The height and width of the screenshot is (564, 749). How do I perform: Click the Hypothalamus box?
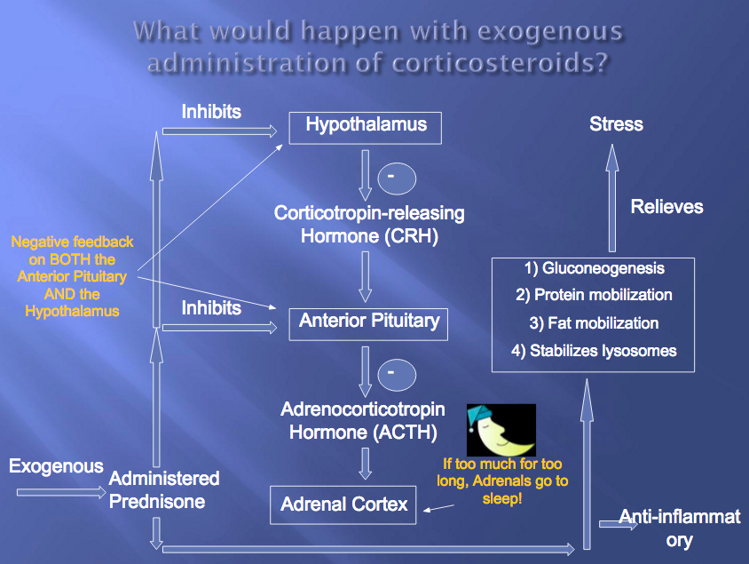366,125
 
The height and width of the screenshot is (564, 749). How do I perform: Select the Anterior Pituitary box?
368,322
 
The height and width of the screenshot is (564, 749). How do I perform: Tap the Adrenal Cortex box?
343,504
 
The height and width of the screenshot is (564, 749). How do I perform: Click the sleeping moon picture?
501,430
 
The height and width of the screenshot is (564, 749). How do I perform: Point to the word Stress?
616,124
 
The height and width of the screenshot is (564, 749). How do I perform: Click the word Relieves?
666,207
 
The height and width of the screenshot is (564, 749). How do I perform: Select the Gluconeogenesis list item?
592,268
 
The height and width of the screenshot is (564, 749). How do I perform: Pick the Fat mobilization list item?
593,323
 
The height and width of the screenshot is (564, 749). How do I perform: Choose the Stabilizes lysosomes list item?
593,351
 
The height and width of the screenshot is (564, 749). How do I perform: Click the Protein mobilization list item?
593,295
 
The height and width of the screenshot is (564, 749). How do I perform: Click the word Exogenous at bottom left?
56,466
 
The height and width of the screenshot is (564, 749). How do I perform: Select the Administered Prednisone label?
164,489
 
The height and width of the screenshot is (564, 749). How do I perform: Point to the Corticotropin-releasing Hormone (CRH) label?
368,225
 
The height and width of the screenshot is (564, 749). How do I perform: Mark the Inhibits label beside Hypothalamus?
211,112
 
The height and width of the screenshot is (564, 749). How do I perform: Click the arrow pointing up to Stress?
611,195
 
